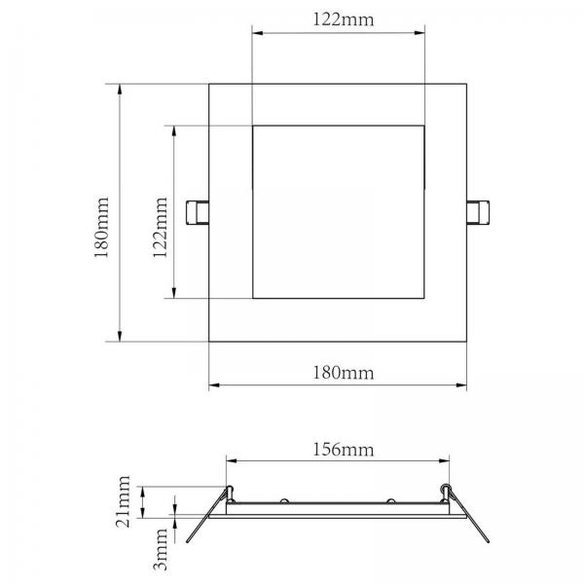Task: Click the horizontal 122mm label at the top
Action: pos(343,19)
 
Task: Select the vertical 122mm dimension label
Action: pos(161,227)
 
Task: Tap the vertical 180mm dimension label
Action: pos(101,227)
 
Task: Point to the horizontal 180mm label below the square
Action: pos(343,373)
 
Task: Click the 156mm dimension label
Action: pos(343,450)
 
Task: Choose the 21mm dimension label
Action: pos(124,501)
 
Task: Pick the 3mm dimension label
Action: pos(161,549)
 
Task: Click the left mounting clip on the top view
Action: pos(198,212)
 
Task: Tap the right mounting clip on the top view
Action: pos(478,212)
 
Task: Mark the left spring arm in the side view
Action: pos(206,516)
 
